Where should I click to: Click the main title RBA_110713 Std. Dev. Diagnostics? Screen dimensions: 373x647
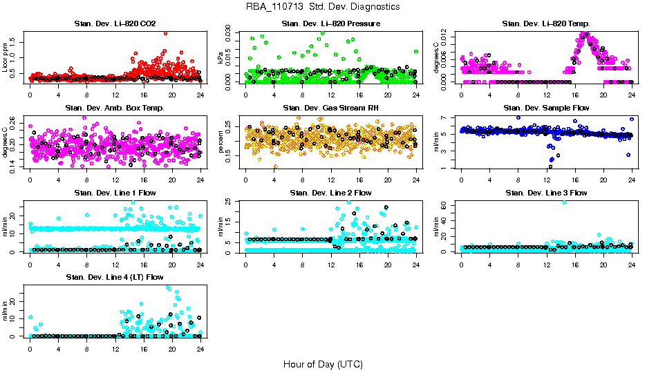(x=322, y=7)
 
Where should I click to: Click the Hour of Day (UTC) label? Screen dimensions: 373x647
(x=323, y=363)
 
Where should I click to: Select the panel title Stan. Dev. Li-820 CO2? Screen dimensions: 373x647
(x=115, y=24)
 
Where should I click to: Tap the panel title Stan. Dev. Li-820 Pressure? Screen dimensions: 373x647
(x=330, y=24)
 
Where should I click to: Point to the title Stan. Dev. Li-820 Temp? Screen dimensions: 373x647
(x=546, y=24)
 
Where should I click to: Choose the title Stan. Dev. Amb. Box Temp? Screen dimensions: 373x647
(x=115, y=108)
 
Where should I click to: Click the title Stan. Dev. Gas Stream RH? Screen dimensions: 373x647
(x=330, y=108)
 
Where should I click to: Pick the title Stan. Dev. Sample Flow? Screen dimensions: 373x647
(x=546, y=108)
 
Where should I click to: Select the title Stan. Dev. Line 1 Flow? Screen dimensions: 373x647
(x=115, y=192)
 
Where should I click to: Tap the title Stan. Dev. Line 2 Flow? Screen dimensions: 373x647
(x=330, y=192)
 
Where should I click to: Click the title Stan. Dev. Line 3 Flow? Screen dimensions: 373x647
(x=546, y=192)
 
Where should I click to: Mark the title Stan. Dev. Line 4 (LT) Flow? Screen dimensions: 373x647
(x=115, y=276)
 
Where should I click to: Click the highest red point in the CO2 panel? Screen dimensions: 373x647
(x=165, y=32)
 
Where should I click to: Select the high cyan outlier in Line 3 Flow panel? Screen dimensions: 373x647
(x=564, y=202)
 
